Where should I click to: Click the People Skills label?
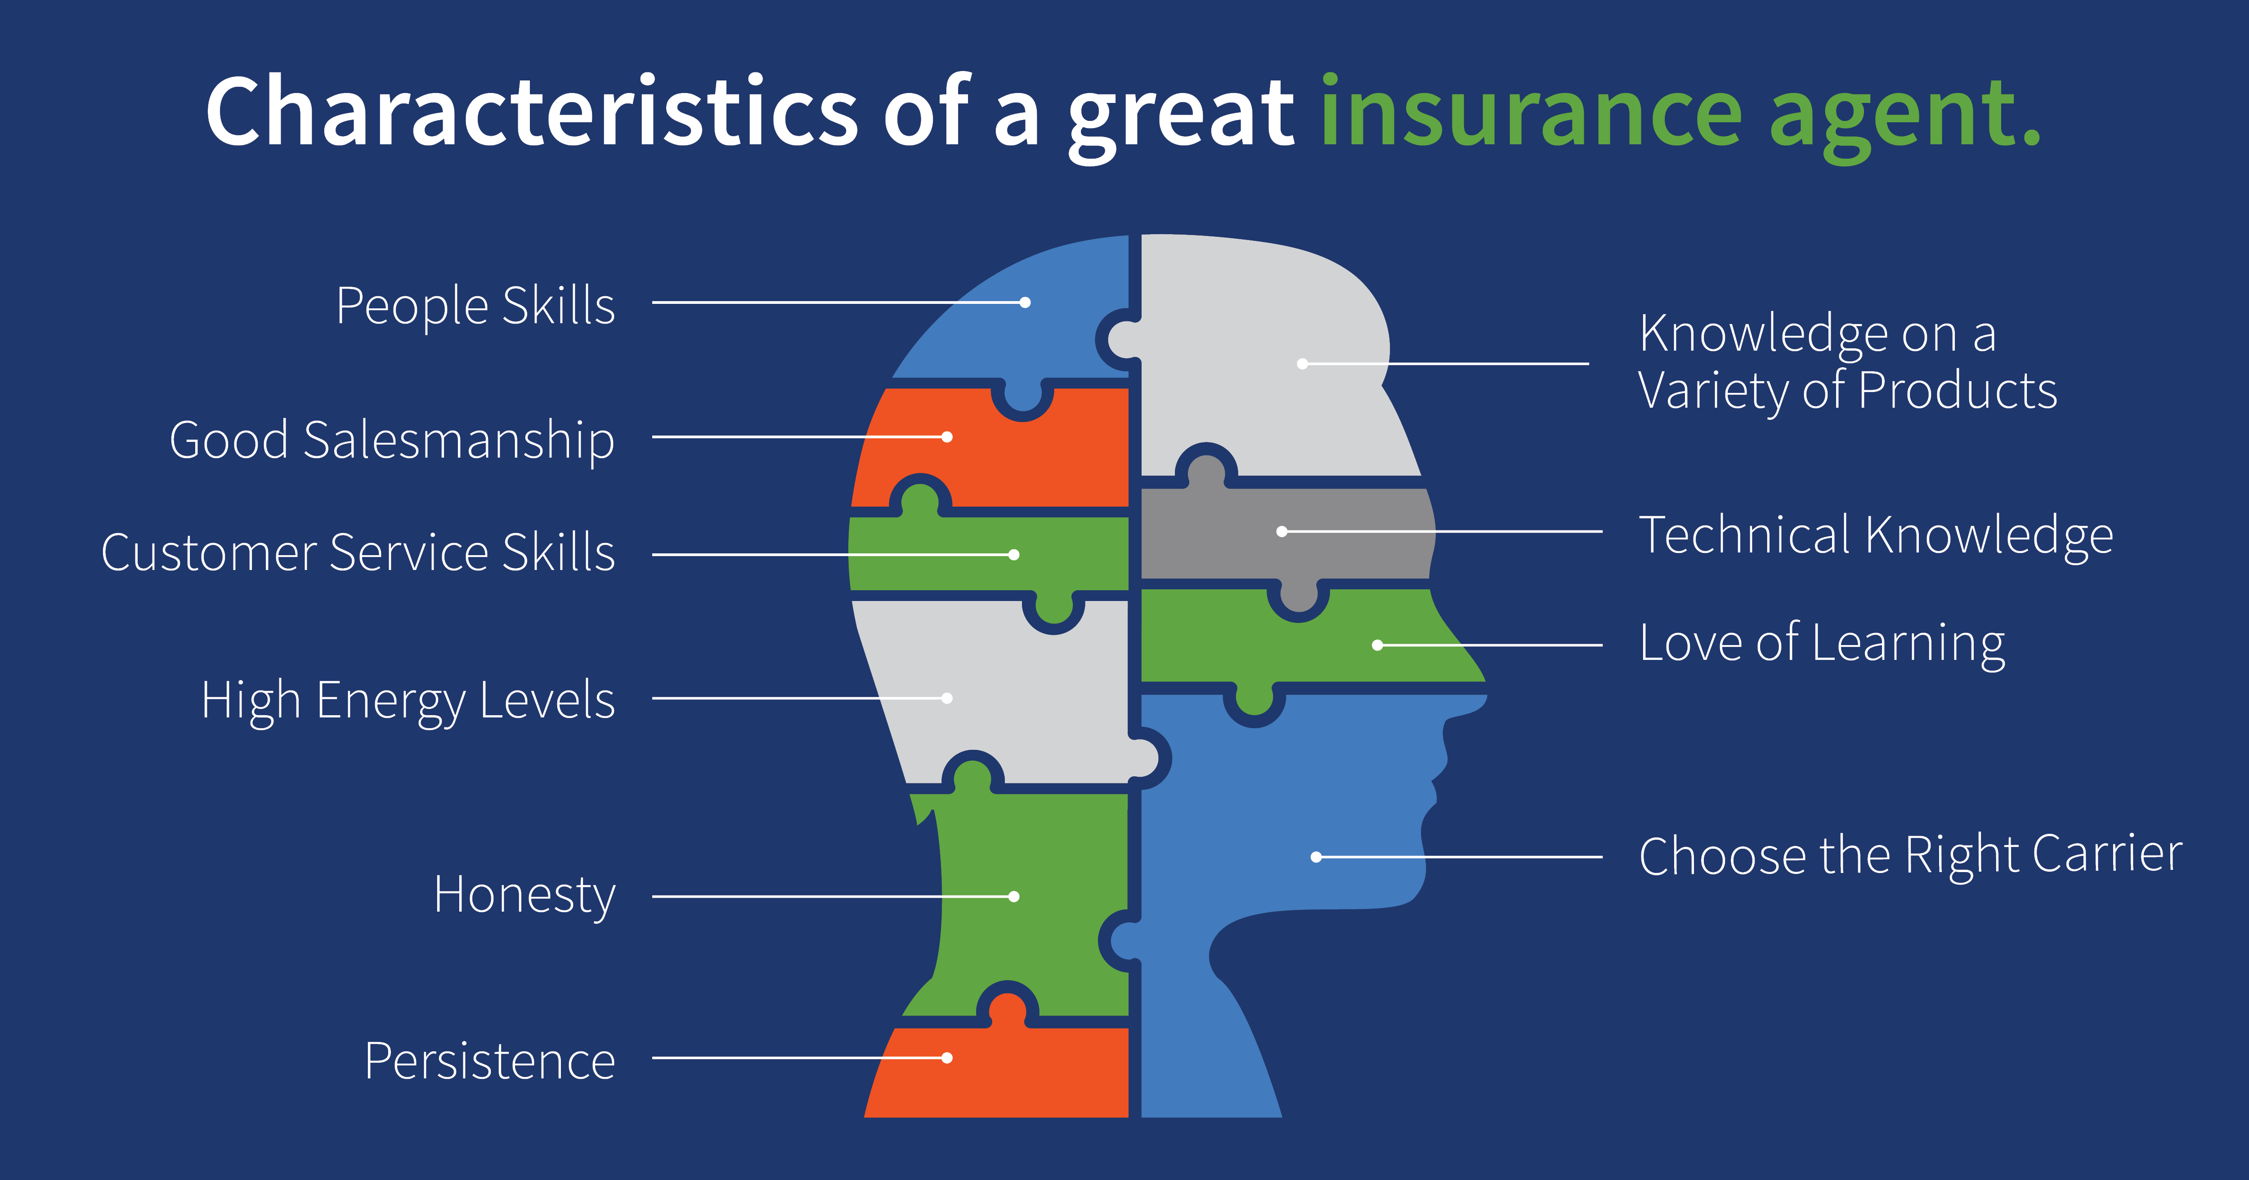coord(476,306)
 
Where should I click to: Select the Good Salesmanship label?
coord(392,441)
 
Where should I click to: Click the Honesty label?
coord(525,896)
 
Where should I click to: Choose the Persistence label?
coord(490,1061)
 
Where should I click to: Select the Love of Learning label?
coord(1822,644)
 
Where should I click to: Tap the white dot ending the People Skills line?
coord(1026,303)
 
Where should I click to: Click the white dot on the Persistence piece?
coord(947,1058)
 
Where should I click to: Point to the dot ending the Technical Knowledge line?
coord(1281,531)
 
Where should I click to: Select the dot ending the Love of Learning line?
coord(1378,645)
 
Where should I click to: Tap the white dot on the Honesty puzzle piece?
coord(1013,896)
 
